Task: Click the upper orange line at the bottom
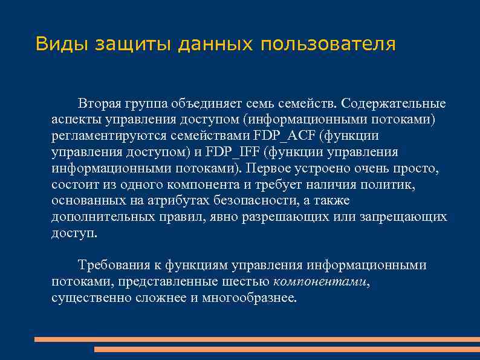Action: (x=257, y=339)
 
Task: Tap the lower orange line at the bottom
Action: (x=287, y=349)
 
